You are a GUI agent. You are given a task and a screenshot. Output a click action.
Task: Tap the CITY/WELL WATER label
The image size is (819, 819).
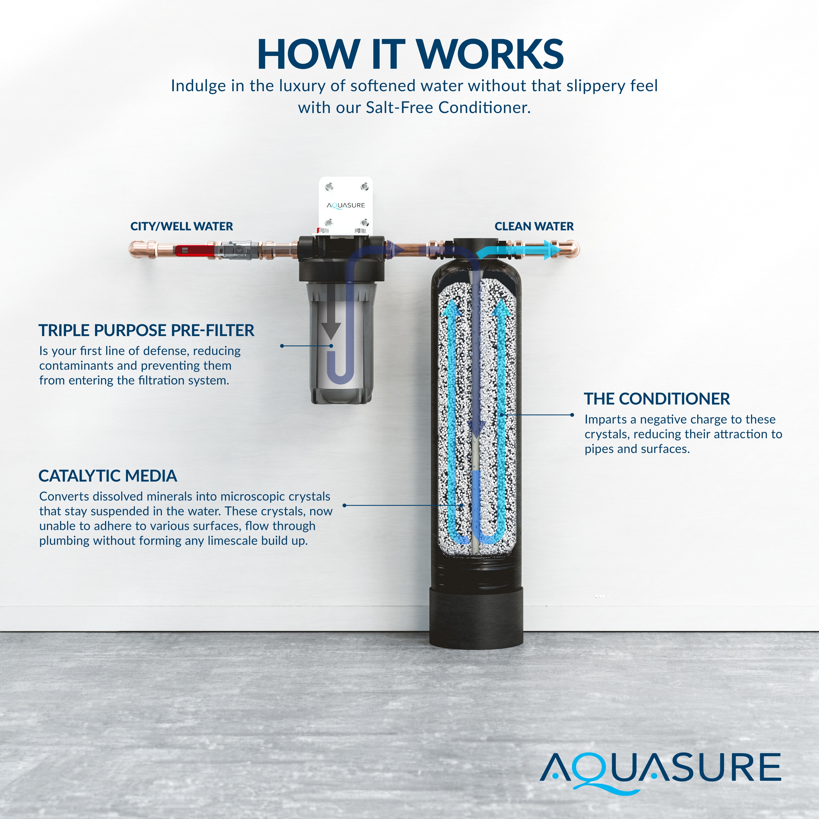point(182,226)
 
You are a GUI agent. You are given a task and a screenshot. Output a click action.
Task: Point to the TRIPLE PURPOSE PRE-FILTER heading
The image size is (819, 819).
point(146,330)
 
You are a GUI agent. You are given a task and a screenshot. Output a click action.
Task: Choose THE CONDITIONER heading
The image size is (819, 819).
point(657,399)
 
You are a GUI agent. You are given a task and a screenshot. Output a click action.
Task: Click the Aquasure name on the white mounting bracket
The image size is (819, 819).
point(346,206)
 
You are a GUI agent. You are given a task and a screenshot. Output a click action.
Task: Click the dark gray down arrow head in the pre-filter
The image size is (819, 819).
point(331,330)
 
